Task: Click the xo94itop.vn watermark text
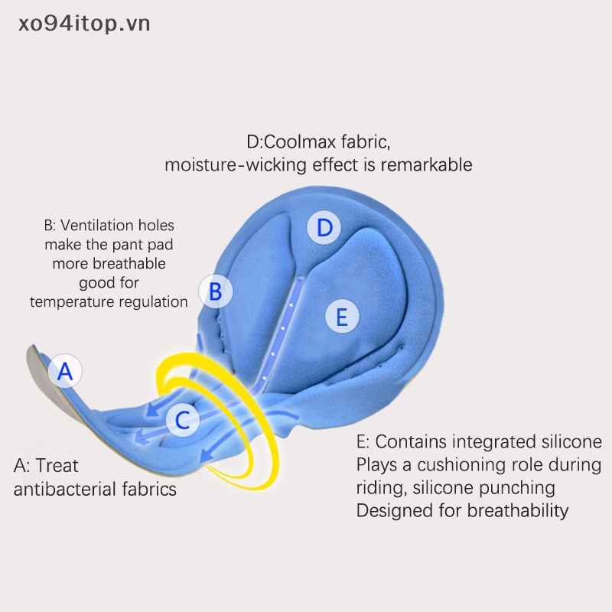(85, 24)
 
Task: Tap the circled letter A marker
(66, 372)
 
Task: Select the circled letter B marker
(216, 291)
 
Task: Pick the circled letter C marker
(183, 419)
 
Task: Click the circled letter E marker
(342, 316)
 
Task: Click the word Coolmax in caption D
(300, 142)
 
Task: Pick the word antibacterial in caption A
(61, 489)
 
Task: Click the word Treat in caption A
(57, 465)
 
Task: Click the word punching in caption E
(524, 487)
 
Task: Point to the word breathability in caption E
(513, 510)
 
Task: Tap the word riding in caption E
(379, 488)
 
